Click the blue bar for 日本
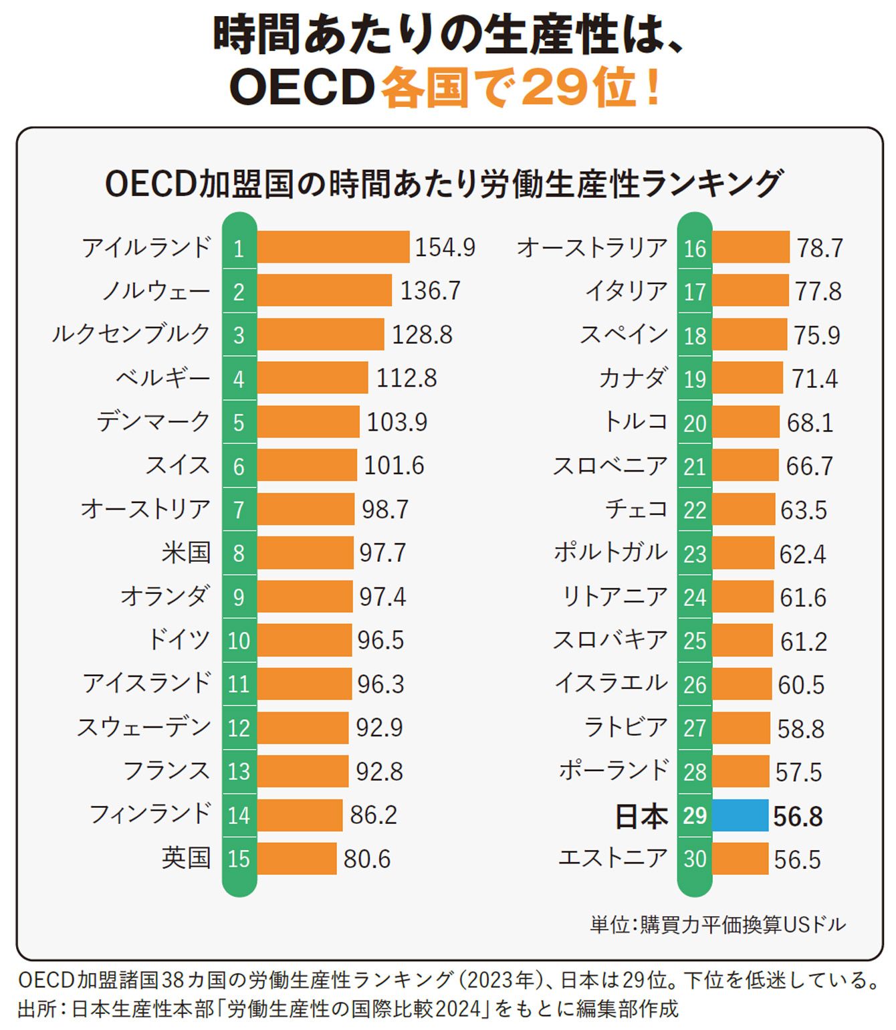coord(740,815)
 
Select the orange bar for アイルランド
coord(333,247)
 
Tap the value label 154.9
coord(445,247)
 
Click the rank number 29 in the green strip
coord(695,815)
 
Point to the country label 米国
coord(186,553)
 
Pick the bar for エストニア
coord(740,859)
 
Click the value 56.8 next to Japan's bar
coord(798,817)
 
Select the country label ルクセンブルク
coord(131,334)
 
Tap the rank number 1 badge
coord(239,249)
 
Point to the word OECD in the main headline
coord(301,88)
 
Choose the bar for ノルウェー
coord(324,291)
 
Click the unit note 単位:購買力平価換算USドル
coord(717,925)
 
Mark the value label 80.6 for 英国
coord(366,859)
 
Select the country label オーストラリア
coord(592,247)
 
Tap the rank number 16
coord(695,249)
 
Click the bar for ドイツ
coord(304,640)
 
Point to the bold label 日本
coord(641,817)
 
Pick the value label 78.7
coord(819,248)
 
